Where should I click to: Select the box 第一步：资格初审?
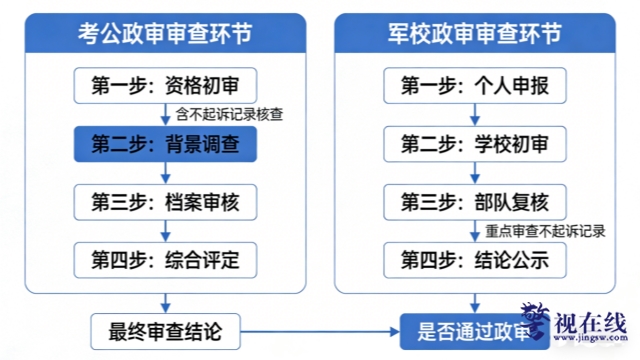[165, 86]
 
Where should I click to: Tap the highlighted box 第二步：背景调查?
[165, 145]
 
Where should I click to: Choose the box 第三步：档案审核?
[165, 203]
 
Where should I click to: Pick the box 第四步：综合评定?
[165, 261]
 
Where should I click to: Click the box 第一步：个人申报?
[474, 86]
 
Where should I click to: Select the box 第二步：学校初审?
[474, 145]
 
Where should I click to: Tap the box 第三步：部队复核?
[474, 203]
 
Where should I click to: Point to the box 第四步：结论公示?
[474, 261]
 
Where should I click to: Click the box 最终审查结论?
[165, 328]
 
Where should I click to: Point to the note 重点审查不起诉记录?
[546, 232]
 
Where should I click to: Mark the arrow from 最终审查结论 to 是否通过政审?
[321, 328]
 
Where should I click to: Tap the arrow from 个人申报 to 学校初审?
[474, 115]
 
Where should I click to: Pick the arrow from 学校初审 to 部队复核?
[474, 174]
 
